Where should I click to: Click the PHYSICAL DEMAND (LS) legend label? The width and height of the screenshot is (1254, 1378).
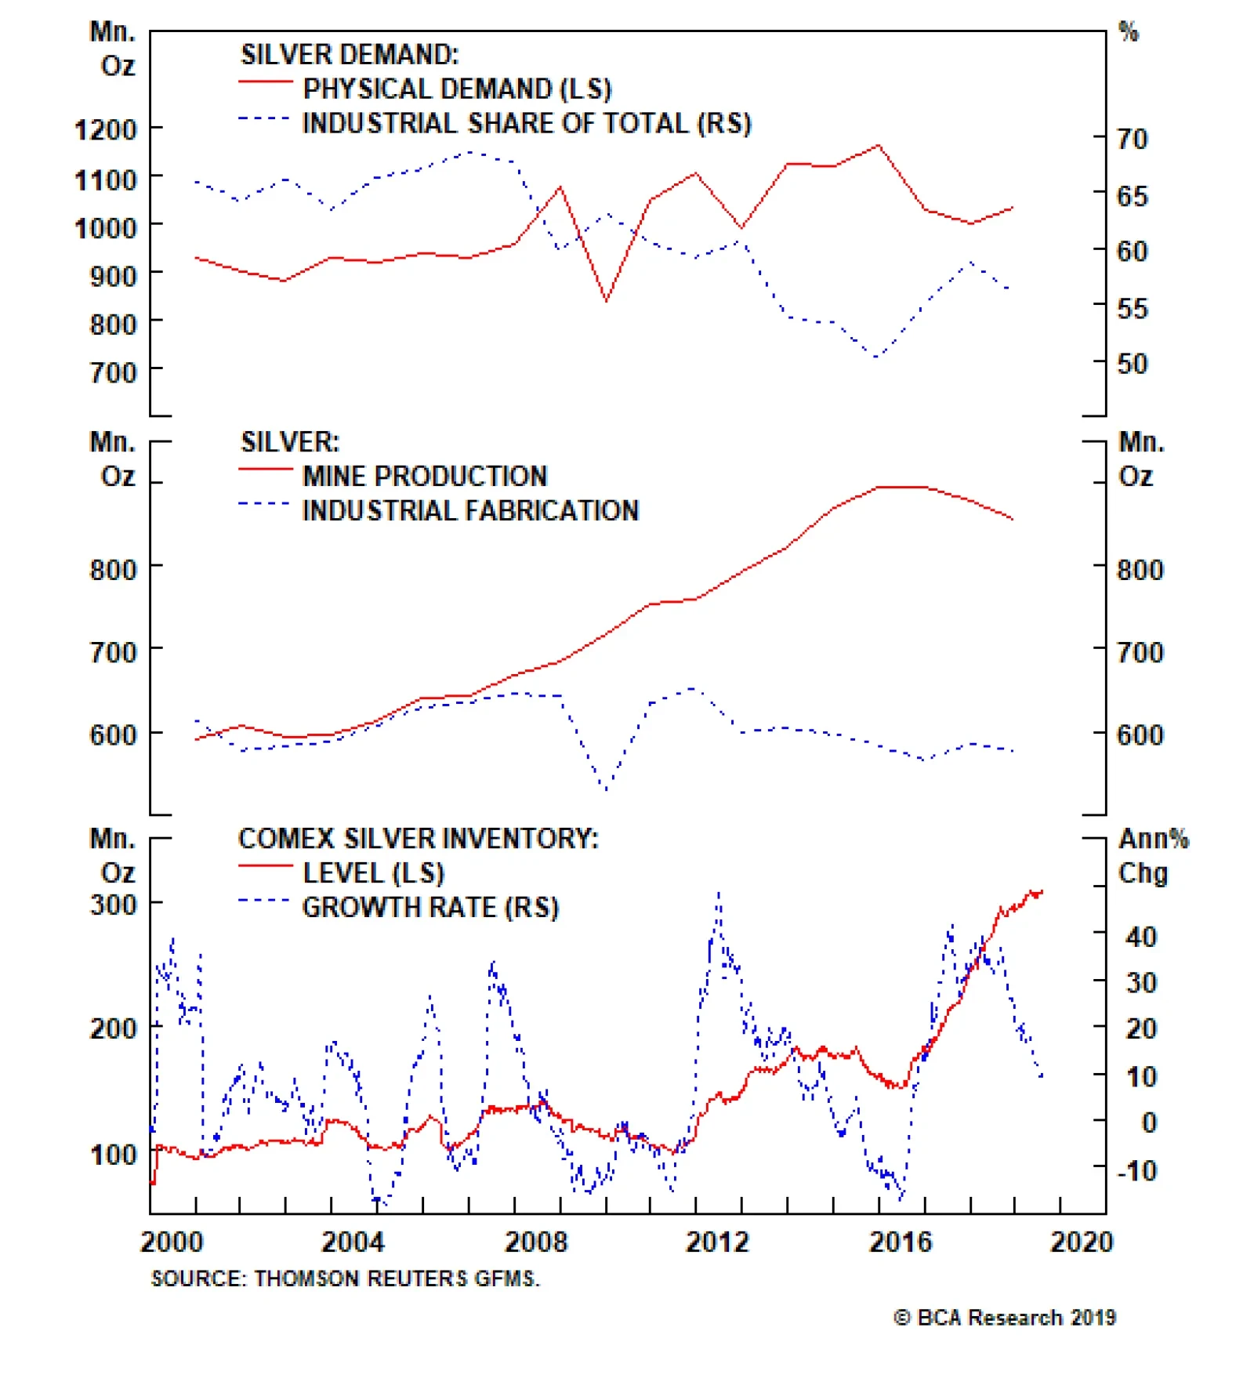pyautogui.click(x=456, y=89)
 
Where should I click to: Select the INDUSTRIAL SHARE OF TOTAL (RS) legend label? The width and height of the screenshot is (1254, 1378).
pyautogui.click(x=526, y=123)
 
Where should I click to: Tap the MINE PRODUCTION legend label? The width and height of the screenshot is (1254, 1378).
pyautogui.click(x=425, y=476)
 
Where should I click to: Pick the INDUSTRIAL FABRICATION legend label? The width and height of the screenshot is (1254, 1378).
pyautogui.click(x=470, y=510)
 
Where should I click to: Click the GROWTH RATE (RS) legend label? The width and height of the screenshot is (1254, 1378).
pyautogui.click(x=430, y=907)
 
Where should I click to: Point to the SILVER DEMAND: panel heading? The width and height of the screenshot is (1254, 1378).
pyautogui.click(x=350, y=54)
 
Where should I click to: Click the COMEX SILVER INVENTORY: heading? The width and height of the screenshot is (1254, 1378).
pyautogui.click(x=418, y=838)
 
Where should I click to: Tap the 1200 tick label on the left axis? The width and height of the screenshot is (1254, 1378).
pyautogui.click(x=106, y=129)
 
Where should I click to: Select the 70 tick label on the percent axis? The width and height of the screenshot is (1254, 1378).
pyautogui.click(x=1132, y=140)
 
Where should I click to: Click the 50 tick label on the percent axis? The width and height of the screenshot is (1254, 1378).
pyautogui.click(x=1132, y=364)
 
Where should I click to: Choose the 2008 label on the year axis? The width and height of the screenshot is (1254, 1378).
pyautogui.click(x=535, y=1242)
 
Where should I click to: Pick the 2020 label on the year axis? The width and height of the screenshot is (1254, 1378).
pyautogui.click(x=1082, y=1242)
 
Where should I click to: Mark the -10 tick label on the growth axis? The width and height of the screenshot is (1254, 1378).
pyautogui.click(x=1136, y=1171)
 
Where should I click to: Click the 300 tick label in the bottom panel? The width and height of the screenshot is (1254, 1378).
pyautogui.click(x=113, y=905)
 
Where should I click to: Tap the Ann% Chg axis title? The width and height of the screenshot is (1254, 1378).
pyautogui.click(x=1152, y=855)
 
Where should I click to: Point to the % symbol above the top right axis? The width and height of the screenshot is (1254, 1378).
pyautogui.click(x=1128, y=32)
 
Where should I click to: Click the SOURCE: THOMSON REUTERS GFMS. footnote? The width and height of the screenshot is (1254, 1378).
pyautogui.click(x=345, y=1278)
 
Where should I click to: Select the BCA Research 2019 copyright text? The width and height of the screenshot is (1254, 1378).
pyautogui.click(x=1004, y=1318)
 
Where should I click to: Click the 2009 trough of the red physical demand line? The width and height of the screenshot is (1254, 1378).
pyautogui.click(x=606, y=300)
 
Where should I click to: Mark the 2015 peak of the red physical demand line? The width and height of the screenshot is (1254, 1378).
pyautogui.click(x=878, y=145)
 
